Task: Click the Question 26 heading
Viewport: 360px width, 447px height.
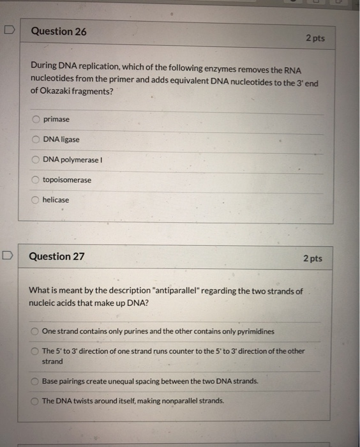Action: pyautogui.click(x=59, y=31)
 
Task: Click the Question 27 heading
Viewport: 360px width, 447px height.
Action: pyautogui.click(x=57, y=256)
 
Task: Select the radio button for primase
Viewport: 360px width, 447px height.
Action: pyautogui.click(x=36, y=119)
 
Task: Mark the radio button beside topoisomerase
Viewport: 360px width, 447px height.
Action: pyautogui.click(x=36, y=180)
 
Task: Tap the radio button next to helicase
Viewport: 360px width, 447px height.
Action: pyautogui.click(x=36, y=200)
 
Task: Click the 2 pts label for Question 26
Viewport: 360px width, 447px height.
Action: pyautogui.click(x=315, y=38)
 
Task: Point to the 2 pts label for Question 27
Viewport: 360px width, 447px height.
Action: pyautogui.click(x=312, y=259)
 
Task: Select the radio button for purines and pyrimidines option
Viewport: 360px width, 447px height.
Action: pyautogui.click(x=35, y=331)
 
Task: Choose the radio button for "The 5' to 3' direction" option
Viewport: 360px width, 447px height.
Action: pyautogui.click(x=35, y=352)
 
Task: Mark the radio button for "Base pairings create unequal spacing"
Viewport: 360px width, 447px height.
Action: pyautogui.click(x=35, y=381)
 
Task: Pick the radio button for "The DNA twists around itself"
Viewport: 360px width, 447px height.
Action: pyautogui.click(x=35, y=401)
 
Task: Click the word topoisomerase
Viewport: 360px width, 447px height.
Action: pyautogui.click(x=66, y=180)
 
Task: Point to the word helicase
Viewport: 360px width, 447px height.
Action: pyautogui.click(x=56, y=200)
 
